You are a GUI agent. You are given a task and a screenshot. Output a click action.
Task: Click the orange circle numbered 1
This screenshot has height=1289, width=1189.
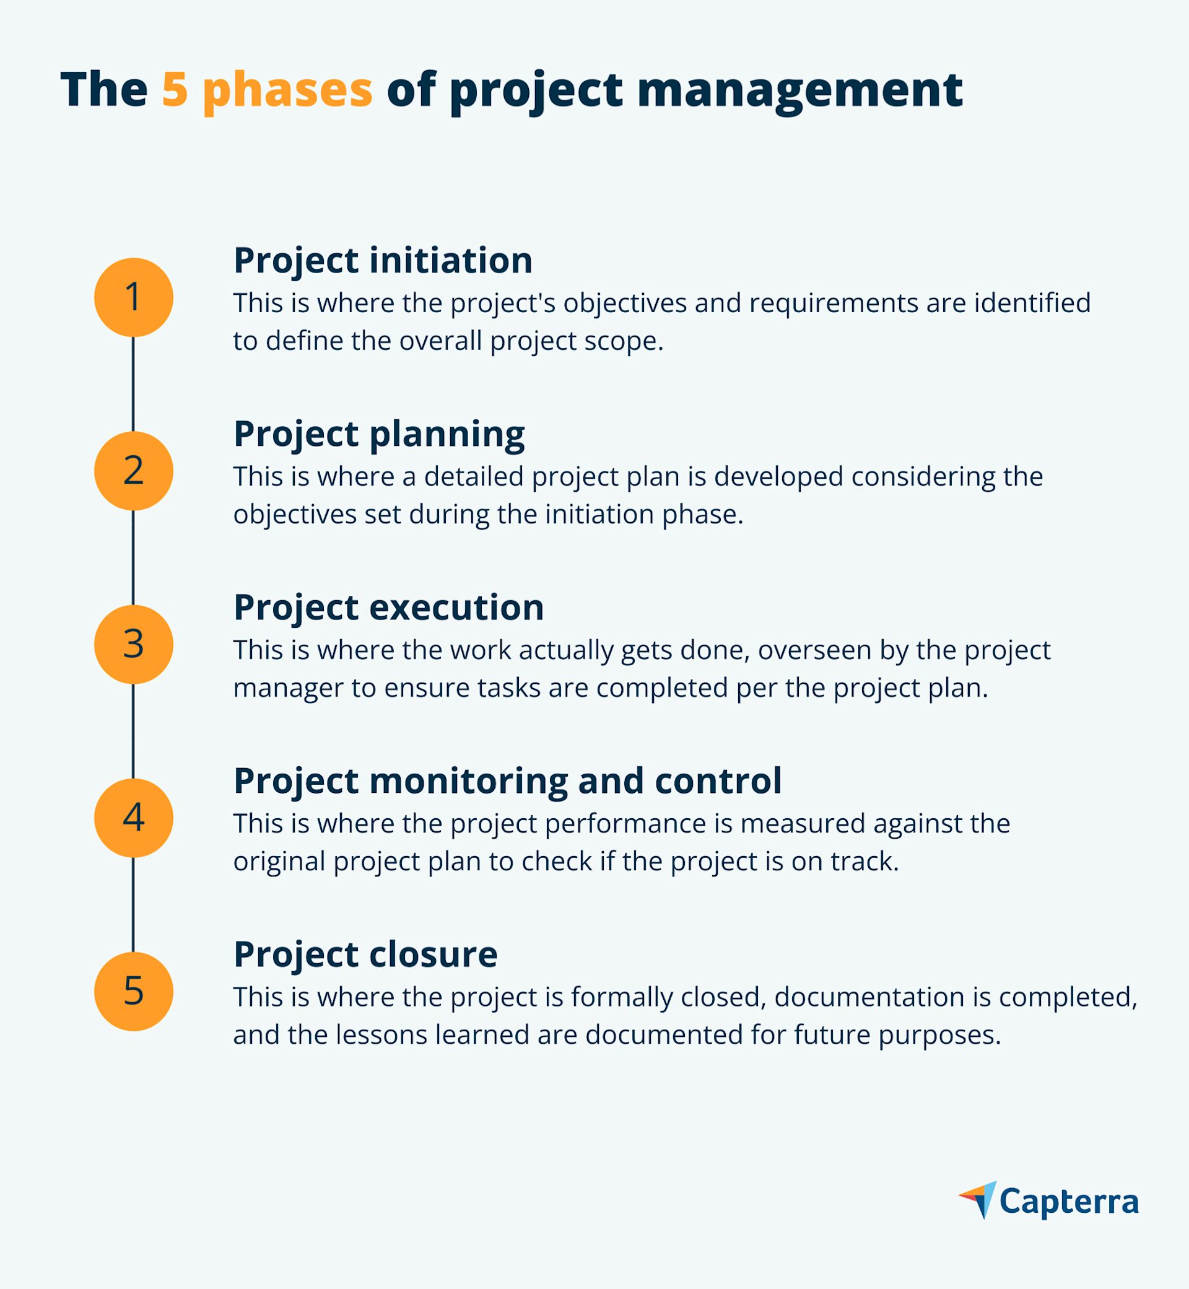(134, 297)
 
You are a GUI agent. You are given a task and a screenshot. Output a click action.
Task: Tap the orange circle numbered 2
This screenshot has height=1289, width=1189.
(134, 471)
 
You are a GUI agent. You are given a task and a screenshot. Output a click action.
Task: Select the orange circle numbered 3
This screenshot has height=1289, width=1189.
(134, 644)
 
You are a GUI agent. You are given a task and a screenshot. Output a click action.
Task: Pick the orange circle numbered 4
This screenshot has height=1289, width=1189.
(134, 818)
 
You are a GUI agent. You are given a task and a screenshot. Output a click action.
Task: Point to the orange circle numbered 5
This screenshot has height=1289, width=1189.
(134, 991)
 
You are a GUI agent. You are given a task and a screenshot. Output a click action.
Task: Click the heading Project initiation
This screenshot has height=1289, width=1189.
(383, 261)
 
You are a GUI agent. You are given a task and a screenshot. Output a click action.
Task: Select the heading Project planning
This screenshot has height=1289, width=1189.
(379, 434)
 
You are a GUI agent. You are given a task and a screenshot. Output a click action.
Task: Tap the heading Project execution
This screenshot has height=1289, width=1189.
(389, 608)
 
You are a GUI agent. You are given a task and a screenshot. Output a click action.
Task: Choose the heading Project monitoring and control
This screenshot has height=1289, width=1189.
(507, 781)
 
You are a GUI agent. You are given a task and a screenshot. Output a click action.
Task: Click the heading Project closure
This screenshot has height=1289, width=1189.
(365, 955)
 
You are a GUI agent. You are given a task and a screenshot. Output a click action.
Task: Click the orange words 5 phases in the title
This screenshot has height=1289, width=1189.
(267, 90)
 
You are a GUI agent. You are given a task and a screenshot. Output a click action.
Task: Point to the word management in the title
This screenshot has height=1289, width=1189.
(799, 90)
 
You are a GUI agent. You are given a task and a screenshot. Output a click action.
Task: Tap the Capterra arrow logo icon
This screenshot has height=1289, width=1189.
(978, 1200)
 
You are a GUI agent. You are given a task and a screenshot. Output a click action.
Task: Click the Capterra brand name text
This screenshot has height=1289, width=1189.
(1069, 1202)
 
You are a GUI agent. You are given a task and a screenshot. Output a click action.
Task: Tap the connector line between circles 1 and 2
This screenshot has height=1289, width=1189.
(133, 384)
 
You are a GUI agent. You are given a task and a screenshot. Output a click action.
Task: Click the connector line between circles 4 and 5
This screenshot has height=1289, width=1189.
(133, 905)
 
